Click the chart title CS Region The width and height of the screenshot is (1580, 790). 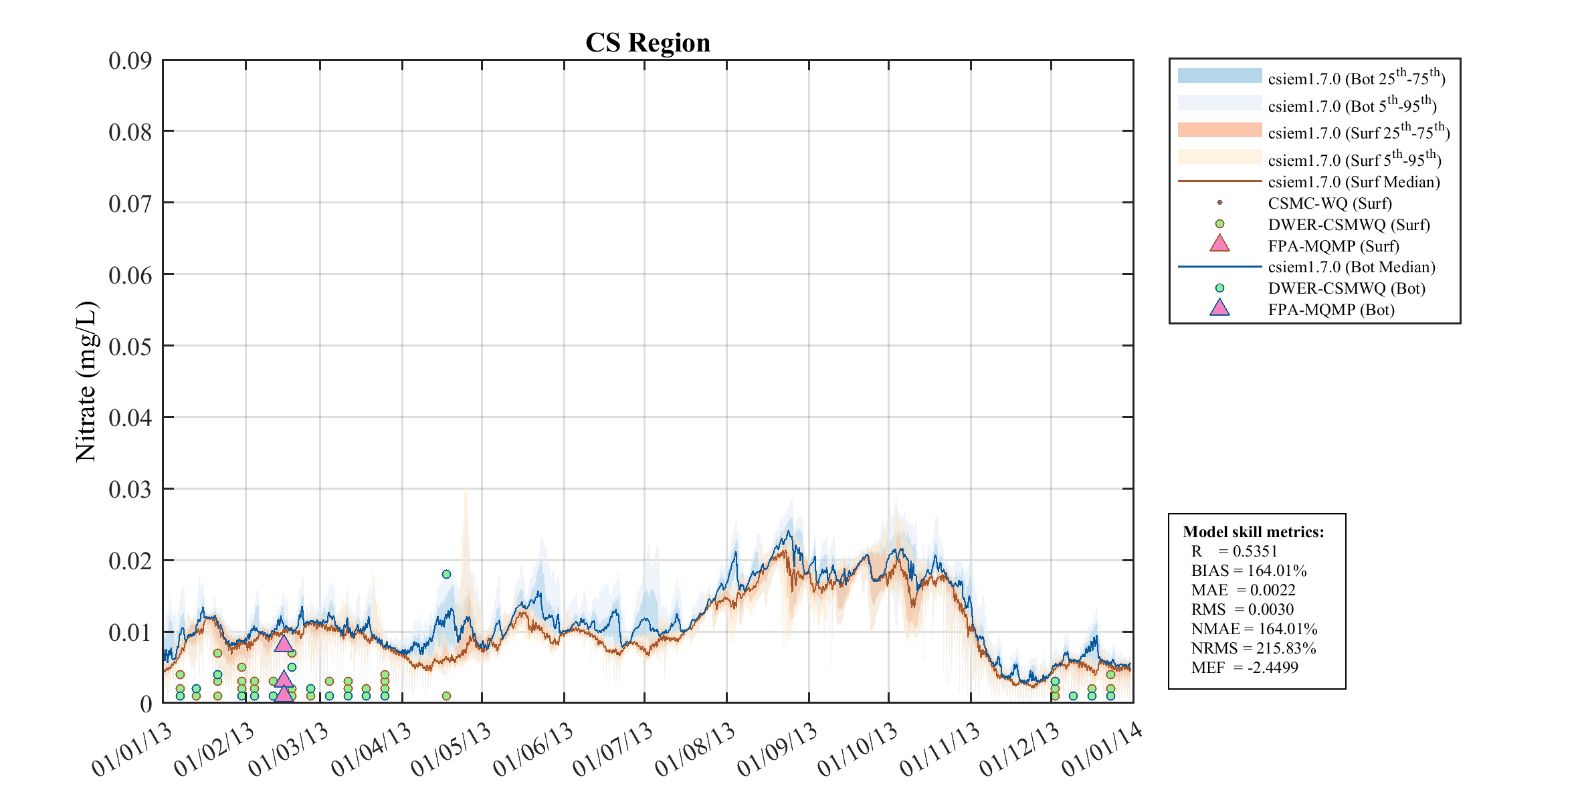pos(648,43)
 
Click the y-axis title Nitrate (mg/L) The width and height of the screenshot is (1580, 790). pos(86,381)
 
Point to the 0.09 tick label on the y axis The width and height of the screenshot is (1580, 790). pos(130,61)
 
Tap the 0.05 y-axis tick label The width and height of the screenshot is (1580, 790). pos(130,347)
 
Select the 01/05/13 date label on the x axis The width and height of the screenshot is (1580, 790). pos(451,750)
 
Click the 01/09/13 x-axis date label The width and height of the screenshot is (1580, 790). pos(777,750)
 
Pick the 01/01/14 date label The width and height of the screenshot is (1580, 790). pos(1102,750)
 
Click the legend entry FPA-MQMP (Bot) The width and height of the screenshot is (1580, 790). pos(1331,310)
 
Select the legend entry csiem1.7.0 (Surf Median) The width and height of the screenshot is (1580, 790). pos(1354,182)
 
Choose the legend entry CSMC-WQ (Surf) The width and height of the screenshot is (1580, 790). pos(1330,203)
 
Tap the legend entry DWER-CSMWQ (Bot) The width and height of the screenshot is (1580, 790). pos(1347,288)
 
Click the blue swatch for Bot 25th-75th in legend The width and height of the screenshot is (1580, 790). pos(1219,76)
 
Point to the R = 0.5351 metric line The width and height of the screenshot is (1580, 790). pos(1234,551)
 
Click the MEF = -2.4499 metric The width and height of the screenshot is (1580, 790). pos(1244,668)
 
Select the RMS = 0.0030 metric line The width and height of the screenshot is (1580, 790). pos(1242,609)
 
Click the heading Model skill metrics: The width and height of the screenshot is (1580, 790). pos(1253,532)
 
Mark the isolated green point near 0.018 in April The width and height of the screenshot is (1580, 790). pos(446,574)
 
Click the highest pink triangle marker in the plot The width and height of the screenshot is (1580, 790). pos(284,644)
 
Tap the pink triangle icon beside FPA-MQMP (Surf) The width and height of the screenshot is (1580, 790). pos(1219,243)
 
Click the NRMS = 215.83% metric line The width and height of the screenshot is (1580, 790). pos(1253,648)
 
